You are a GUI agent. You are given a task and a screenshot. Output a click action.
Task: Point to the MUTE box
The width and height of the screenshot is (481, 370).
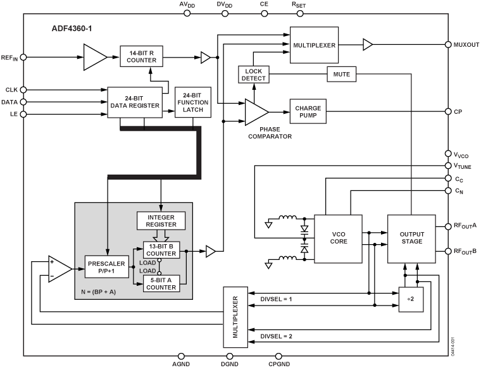(x=342, y=74)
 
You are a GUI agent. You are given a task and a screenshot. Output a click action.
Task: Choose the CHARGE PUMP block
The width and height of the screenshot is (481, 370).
(x=308, y=112)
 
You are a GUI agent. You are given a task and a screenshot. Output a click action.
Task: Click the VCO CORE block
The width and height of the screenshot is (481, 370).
(x=338, y=238)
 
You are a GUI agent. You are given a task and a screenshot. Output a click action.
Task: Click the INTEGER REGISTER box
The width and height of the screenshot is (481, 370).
(x=161, y=221)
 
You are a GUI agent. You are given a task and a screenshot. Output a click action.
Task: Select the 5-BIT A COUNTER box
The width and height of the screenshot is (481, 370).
(x=161, y=284)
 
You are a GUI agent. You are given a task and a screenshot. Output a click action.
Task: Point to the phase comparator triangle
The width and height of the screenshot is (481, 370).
(x=255, y=112)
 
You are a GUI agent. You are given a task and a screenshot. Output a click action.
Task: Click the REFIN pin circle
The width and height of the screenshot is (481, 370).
(x=23, y=57)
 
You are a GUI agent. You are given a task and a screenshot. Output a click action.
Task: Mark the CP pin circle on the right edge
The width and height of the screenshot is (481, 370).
(x=448, y=112)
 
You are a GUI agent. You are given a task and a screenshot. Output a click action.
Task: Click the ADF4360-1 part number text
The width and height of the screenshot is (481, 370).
(x=74, y=29)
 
